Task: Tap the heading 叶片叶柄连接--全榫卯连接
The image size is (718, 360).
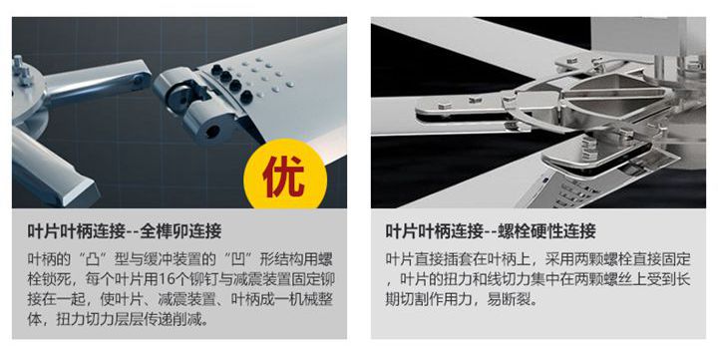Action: click(x=125, y=231)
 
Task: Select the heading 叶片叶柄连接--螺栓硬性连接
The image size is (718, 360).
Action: click(x=491, y=231)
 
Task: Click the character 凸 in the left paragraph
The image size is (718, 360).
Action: click(x=93, y=259)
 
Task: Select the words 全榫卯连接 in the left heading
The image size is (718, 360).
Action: click(x=180, y=231)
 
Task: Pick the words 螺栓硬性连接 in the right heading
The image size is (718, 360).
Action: click(x=546, y=231)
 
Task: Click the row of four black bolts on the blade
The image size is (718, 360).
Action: click(x=231, y=83)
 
